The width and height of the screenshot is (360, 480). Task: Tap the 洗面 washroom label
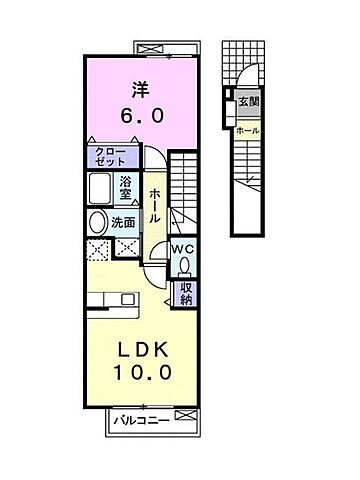pyautogui.click(x=125, y=221)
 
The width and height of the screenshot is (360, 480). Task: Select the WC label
pyautogui.click(x=186, y=249)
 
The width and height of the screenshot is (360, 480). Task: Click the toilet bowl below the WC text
pyautogui.click(x=186, y=265)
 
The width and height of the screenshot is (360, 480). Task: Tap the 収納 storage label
pyautogui.click(x=185, y=293)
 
